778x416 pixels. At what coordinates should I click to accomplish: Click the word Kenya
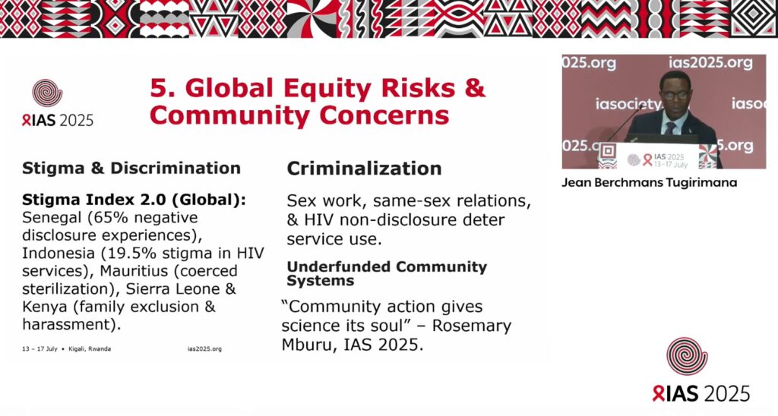tap(44, 307)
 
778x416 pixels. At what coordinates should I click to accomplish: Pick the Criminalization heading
tap(364, 169)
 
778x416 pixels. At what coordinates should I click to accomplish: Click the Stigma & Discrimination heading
tap(131, 168)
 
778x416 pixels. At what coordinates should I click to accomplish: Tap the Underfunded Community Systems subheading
tap(387, 273)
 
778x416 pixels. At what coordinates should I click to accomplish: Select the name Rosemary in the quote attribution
tap(471, 326)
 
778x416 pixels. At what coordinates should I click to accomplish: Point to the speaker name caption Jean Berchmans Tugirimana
tap(649, 182)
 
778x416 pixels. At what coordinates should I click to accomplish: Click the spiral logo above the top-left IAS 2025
tap(47, 93)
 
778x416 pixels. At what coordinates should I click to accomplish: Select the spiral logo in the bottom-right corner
tap(687, 356)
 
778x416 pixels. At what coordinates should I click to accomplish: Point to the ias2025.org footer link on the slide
tap(204, 349)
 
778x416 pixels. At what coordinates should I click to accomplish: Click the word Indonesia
tap(59, 254)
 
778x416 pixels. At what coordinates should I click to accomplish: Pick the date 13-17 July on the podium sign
tap(671, 164)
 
